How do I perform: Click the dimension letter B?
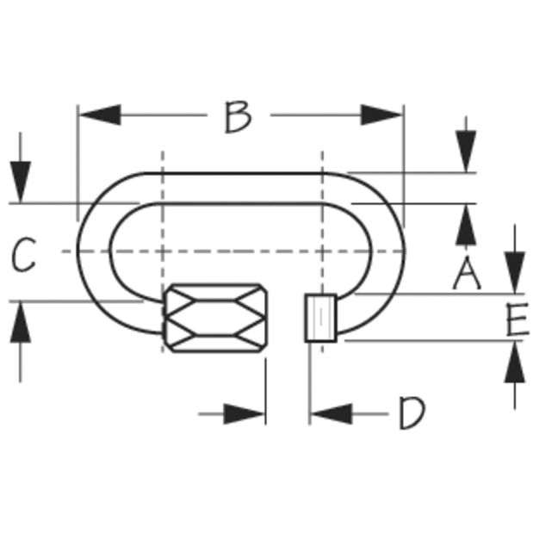tap(239, 116)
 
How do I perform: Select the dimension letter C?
tap(23, 254)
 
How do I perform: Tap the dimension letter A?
tap(467, 273)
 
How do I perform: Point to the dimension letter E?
tap(517, 319)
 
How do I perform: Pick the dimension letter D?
tap(412, 412)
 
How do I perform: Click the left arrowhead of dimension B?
tap(100, 115)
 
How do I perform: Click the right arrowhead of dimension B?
tap(381, 115)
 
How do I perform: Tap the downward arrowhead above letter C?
tap(21, 183)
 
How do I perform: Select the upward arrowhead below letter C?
tap(21, 322)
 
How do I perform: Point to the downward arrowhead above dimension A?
tap(466, 152)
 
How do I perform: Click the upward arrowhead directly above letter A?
tap(466, 225)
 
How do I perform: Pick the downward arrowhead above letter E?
tap(515, 273)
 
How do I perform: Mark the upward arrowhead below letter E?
tap(515, 362)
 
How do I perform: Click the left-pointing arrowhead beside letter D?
tap(332, 414)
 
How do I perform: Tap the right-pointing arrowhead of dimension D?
tap(244, 414)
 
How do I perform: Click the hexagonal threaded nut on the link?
tap(215, 319)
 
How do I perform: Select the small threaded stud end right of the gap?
tap(321, 318)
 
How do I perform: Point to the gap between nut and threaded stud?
tap(286, 319)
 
